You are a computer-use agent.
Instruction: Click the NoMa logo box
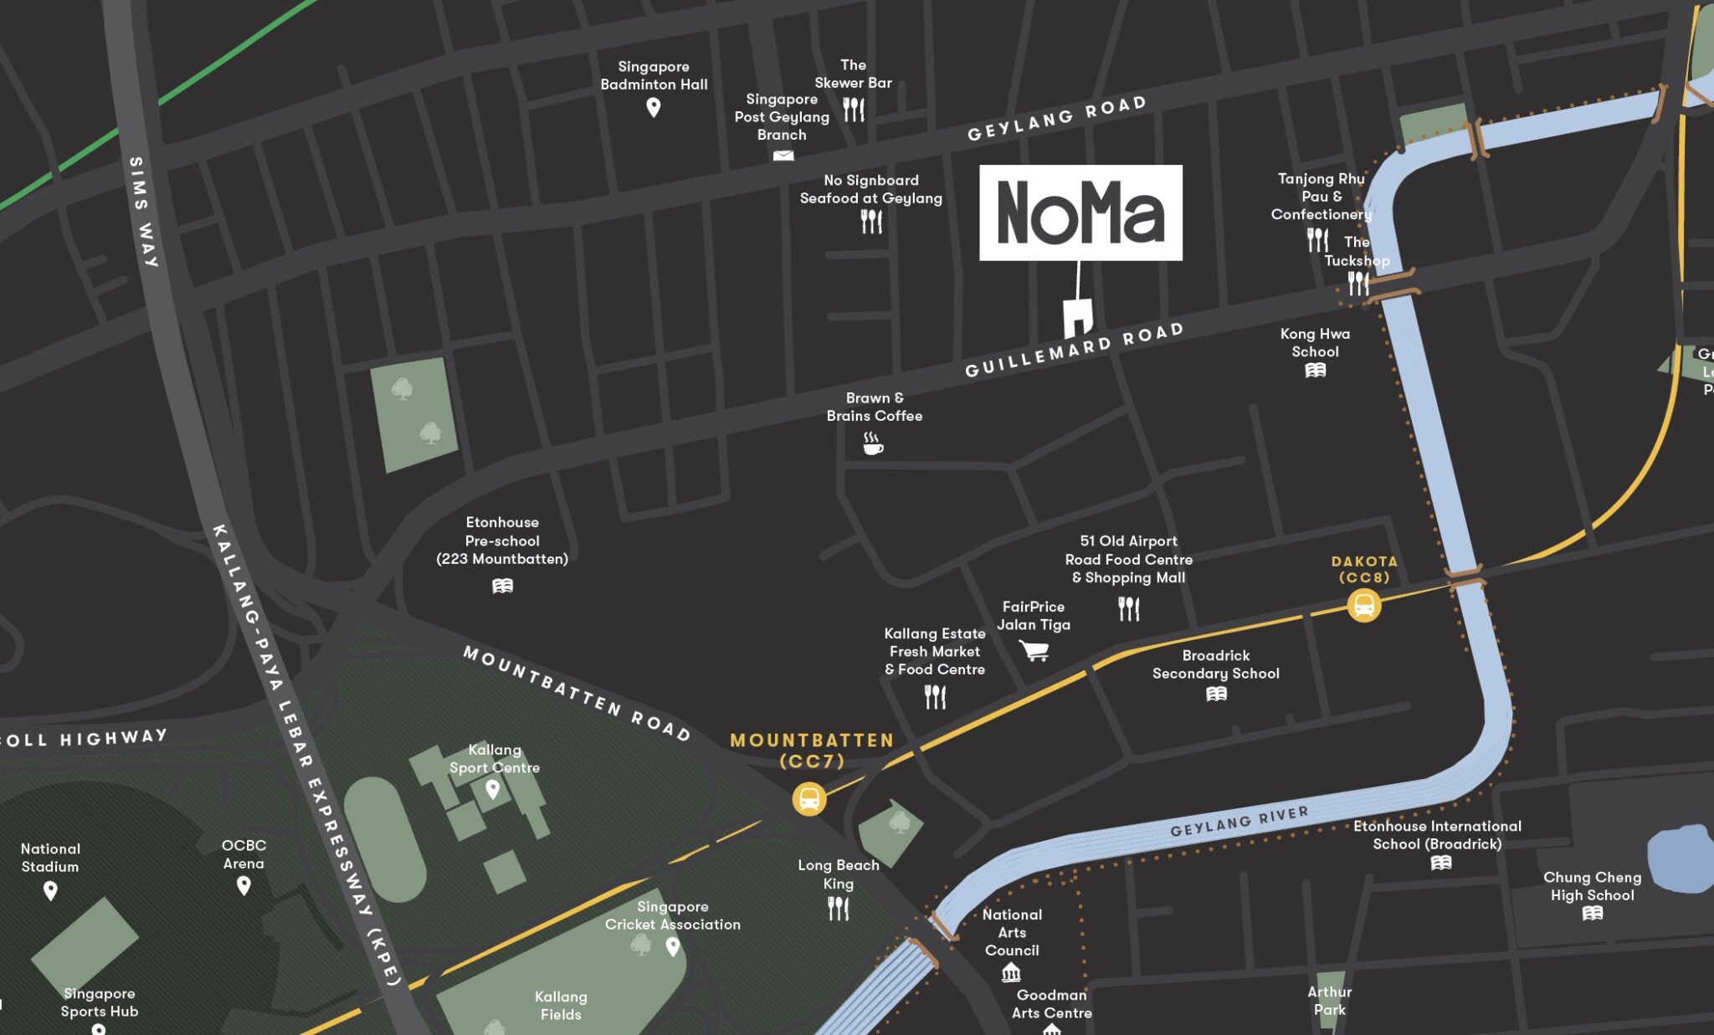(x=1080, y=213)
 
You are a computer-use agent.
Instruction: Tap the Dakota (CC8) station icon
(x=1363, y=605)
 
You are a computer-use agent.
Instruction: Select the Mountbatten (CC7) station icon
(x=809, y=799)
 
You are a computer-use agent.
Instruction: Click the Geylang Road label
(x=1056, y=118)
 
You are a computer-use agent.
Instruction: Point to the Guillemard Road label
(x=1074, y=350)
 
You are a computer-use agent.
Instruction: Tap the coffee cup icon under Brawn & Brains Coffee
(x=872, y=443)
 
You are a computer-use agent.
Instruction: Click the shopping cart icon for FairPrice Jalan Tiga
(x=1034, y=650)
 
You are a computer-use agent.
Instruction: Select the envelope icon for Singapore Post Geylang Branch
(x=783, y=156)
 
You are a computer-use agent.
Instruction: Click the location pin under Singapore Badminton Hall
(x=654, y=107)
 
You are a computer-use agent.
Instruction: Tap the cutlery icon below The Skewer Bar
(x=854, y=110)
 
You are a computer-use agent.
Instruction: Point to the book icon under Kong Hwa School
(x=1315, y=371)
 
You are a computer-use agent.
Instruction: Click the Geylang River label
(x=1239, y=822)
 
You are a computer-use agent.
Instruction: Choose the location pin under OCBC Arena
(x=244, y=885)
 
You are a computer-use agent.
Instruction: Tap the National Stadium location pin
(x=50, y=890)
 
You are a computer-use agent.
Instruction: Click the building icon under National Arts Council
(x=1011, y=972)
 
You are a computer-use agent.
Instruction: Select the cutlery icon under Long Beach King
(x=838, y=908)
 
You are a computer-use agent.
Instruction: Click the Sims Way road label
(x=142, y=212)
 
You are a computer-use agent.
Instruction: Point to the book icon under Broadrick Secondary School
(x=1216, y=694)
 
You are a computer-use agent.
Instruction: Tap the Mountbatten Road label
(x=577, y=694)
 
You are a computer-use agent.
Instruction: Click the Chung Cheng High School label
(x=1592, y=886)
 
